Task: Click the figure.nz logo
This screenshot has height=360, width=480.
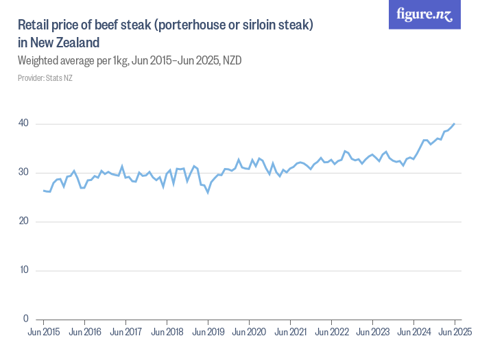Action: [424, 15]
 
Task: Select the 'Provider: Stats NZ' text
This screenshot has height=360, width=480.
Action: [45, 78]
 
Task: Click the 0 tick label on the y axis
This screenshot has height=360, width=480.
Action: [26, 319]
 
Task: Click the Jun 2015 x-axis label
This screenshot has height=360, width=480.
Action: [43, 333]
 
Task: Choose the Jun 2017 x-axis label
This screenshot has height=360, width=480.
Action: [125, 333]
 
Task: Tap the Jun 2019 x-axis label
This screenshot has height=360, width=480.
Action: [208, 333]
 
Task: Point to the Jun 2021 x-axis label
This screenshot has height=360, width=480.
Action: [290, 333]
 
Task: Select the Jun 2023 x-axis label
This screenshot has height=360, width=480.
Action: [372, 333]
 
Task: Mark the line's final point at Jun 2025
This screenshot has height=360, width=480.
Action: [454, 123]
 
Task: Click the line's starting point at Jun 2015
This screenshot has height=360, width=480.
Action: [43, 191]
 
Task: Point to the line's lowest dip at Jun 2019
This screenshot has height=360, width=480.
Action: [208, 193]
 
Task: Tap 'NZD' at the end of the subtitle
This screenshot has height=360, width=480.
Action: [231, 61]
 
